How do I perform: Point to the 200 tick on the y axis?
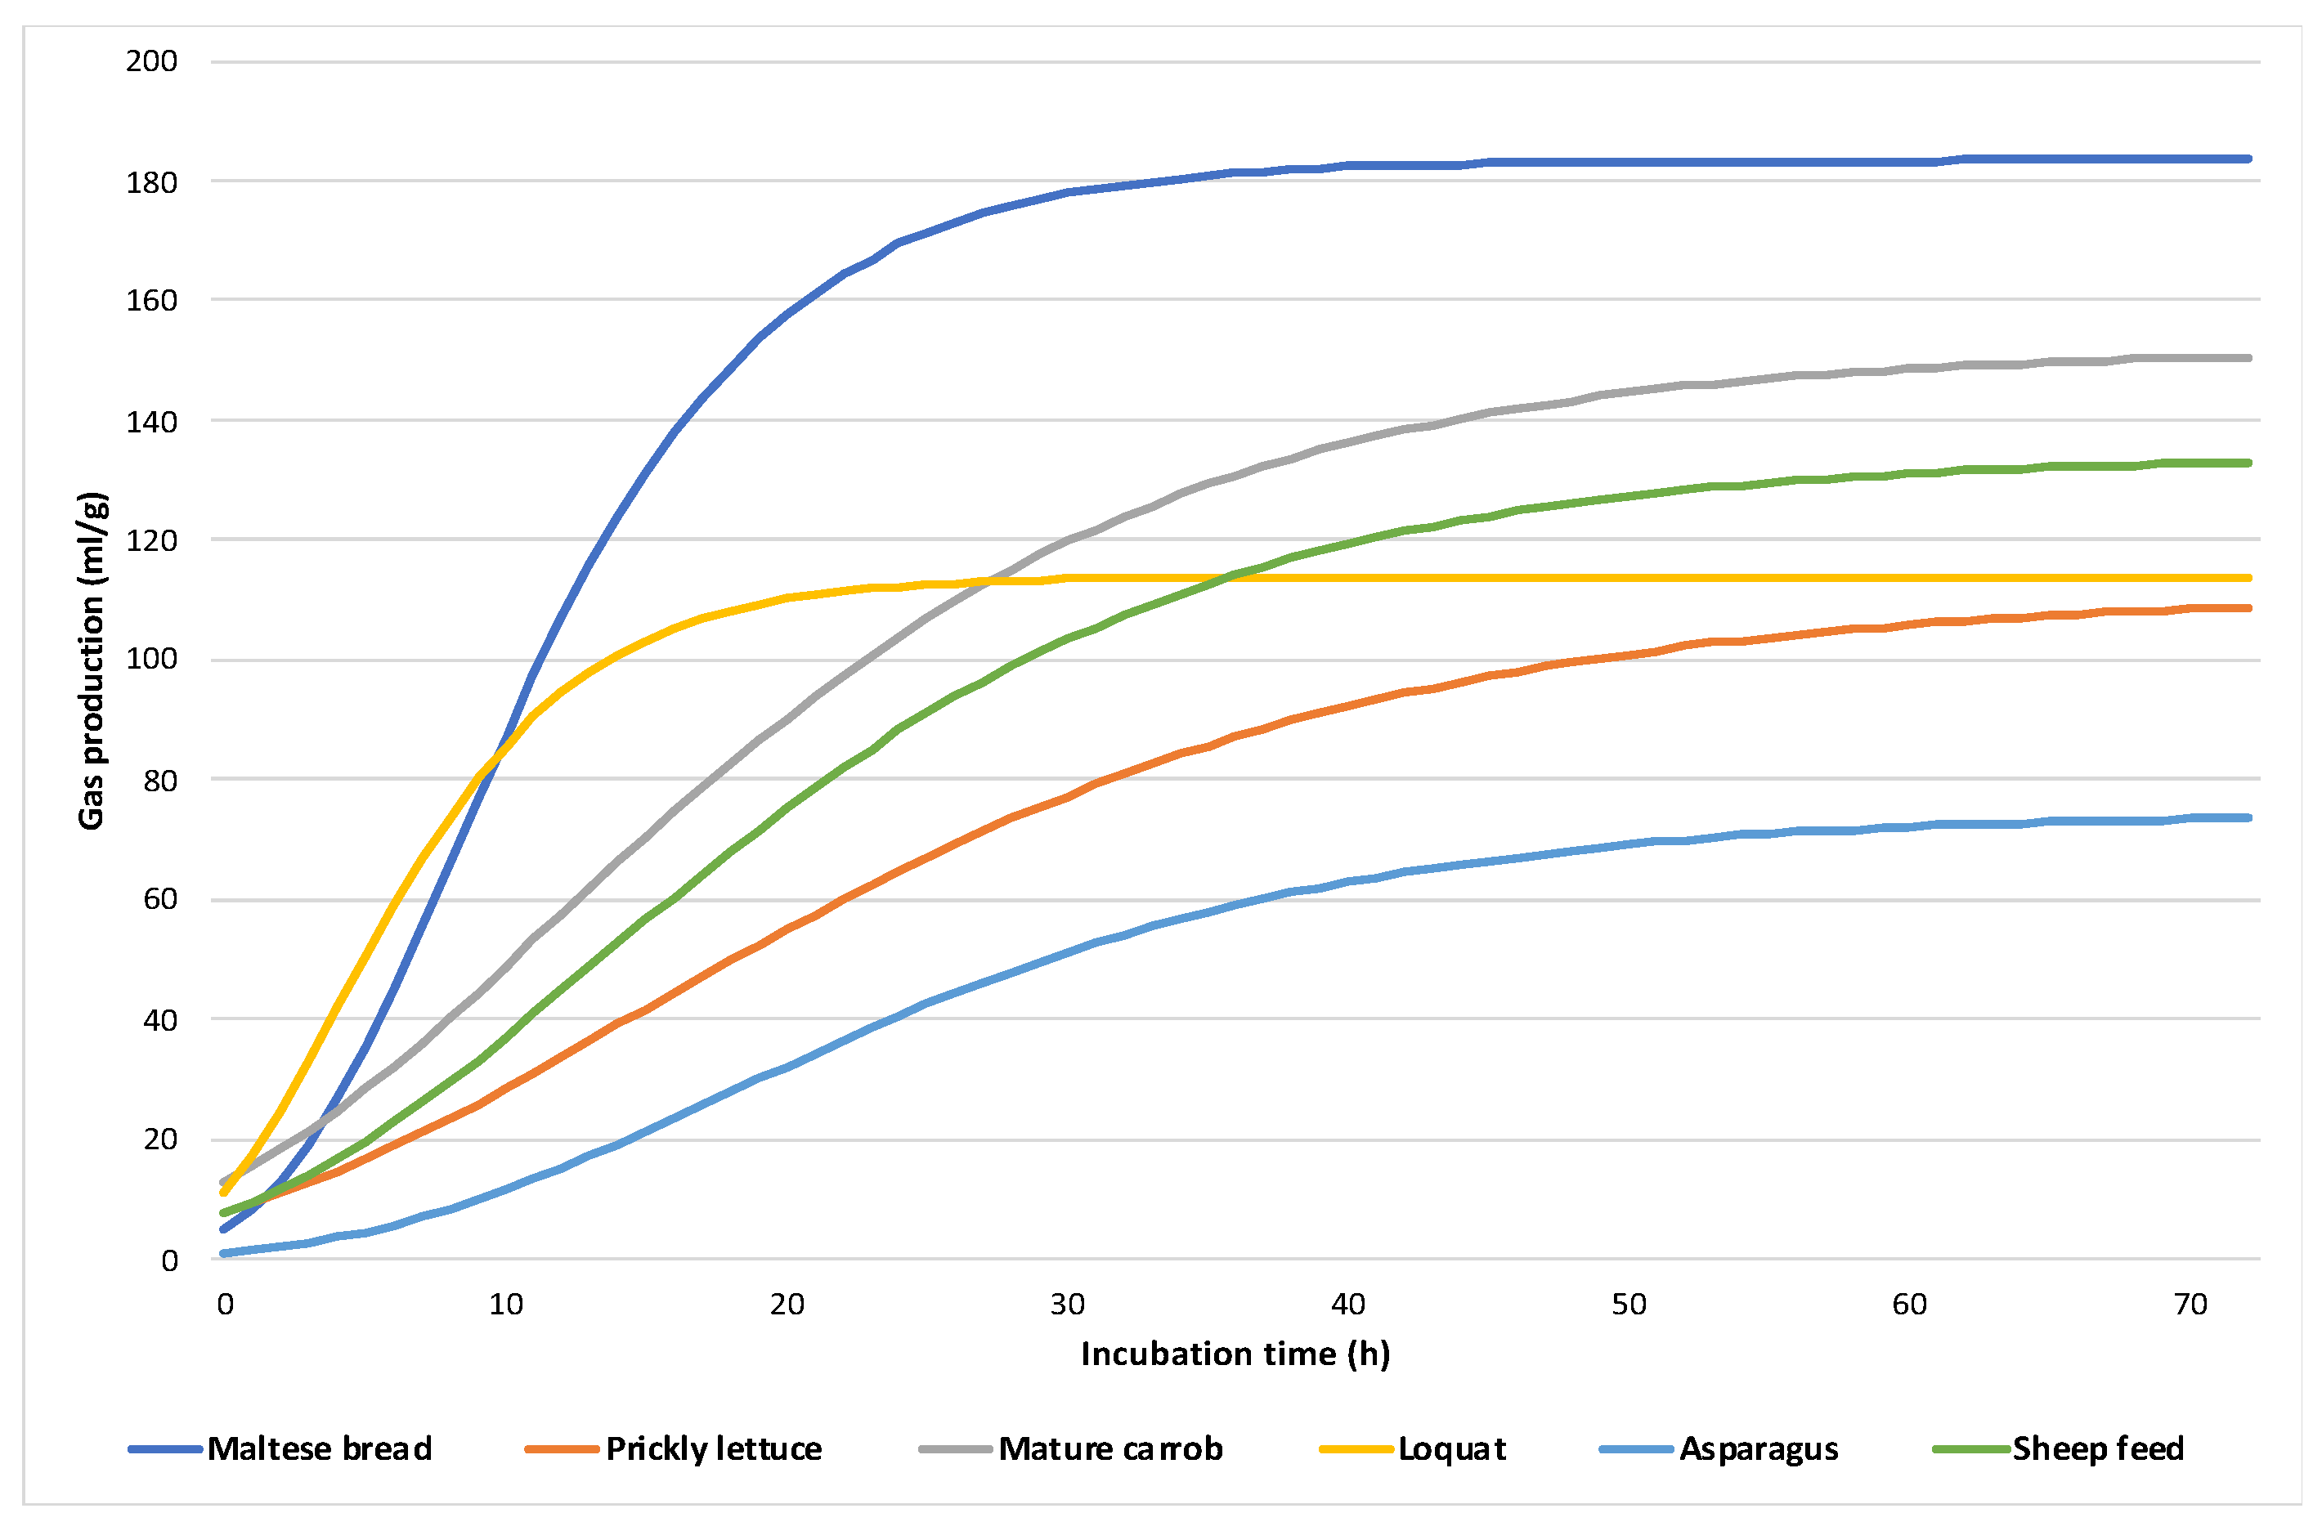[x=151, y=61]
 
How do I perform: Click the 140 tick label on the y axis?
[x=151, y=422]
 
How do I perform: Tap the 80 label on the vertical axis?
[x=160, y=781]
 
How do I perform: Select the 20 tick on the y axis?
[x=160, y=1139]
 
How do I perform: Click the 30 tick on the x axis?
[x=1067, y=1305]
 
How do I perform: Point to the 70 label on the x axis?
[x=2190, y=1305]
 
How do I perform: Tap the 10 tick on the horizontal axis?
[x=505, y=1305]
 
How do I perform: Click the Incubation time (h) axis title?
[x=1235, y=1354]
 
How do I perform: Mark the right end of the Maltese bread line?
[x=2249, y=159]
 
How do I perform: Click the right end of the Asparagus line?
[x=2249, y=817]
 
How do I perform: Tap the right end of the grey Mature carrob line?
[x=2249, y=358]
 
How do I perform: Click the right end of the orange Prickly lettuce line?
[x=2249, y=608]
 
